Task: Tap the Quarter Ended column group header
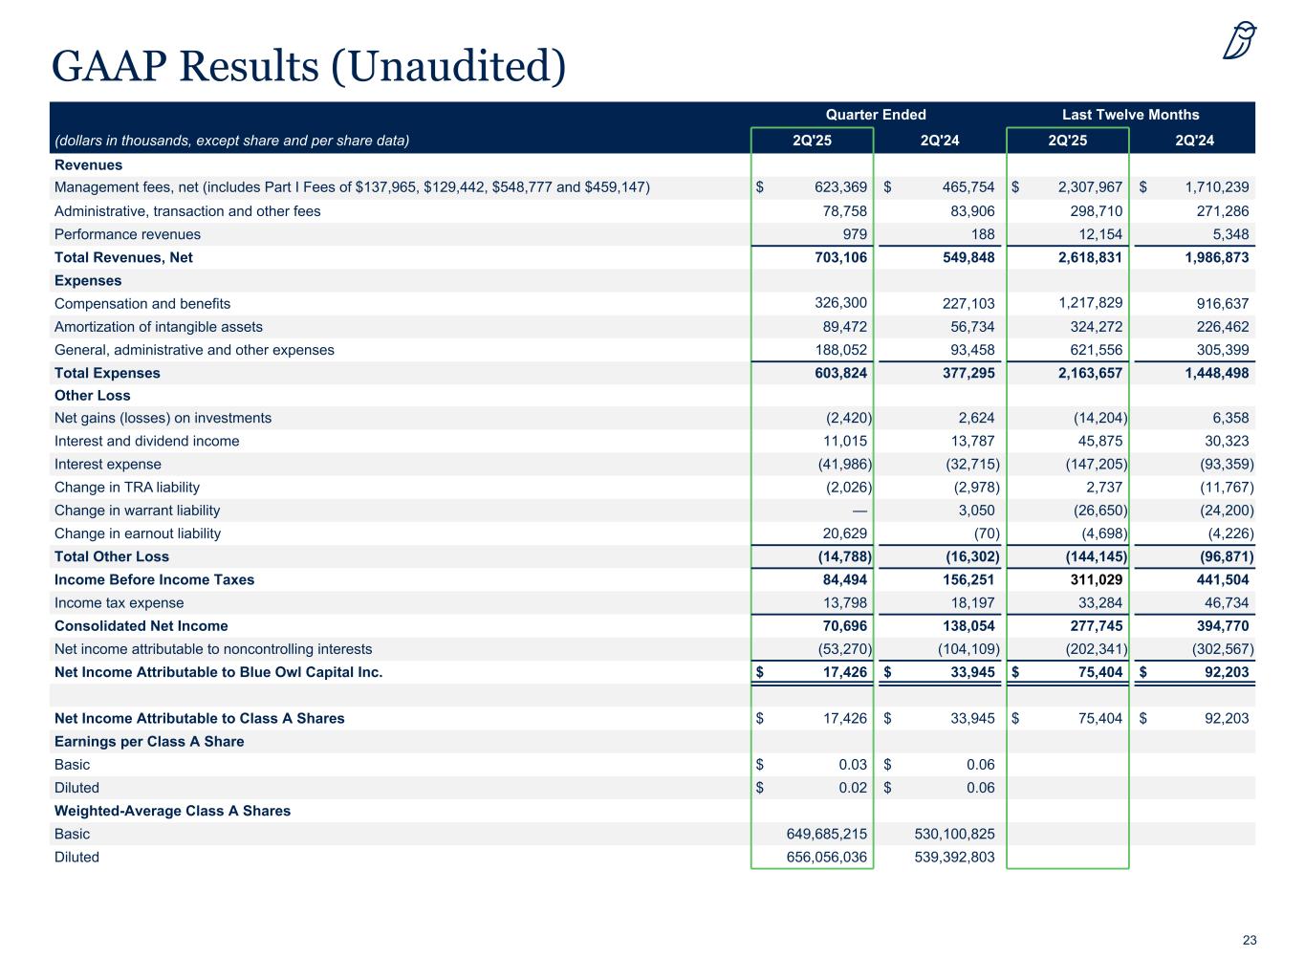(875, 115)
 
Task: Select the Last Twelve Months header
(1130, 115)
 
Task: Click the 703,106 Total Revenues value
(837, 257)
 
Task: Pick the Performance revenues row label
(127, 234)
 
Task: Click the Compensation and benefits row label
(142, 304)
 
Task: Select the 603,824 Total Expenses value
(837, 373)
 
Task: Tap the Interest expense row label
(108, 465)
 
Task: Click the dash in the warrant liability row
(859, 511)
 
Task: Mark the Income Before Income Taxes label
(154, 579)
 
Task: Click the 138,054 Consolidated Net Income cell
(966, 626)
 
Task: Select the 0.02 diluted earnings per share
(853, 788)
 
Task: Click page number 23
(1250, 941)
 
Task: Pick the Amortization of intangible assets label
(158, 327)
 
